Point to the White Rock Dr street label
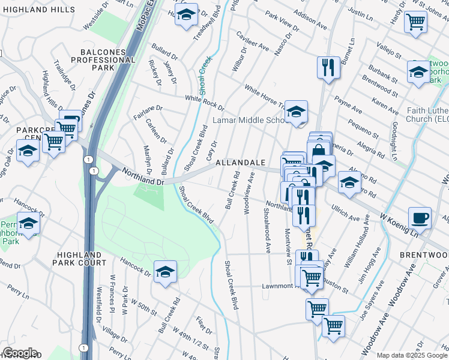(205, 103)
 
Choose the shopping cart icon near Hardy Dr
(415, 22)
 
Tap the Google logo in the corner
(19, 353)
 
